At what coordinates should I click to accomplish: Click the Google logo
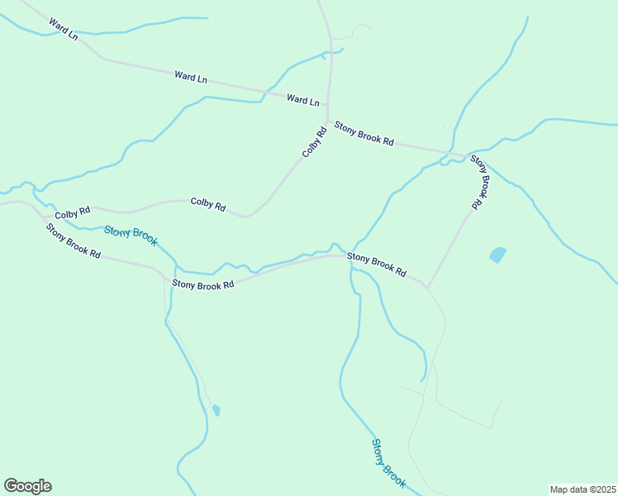[x=27, y=486]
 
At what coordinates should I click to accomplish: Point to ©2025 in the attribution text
[x=604, y=489]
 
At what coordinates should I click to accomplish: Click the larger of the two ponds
[x=497, y=255]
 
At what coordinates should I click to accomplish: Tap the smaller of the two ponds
[x=216, y=410]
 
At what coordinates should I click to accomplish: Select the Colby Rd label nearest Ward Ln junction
[x=314, y=141]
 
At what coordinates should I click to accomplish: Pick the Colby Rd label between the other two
[x=208, y=203]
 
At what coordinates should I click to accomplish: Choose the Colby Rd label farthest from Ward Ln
[x=72, y=214]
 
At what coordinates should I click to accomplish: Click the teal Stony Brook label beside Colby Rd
[x=131, y=236]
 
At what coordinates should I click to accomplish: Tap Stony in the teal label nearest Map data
[x=378, y=451]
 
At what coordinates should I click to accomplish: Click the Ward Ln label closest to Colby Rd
[x=302, y=100]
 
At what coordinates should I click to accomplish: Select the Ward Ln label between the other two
[x=190, y=78]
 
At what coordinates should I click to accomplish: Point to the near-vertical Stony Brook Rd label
[x=480, y=180]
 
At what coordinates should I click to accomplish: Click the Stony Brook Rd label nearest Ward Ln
[x=364, y=133]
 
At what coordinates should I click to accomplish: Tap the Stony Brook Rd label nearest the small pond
[x=203, y=284]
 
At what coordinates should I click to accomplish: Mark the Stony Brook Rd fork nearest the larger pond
[x=427, y=287]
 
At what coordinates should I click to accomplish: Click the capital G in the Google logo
[x=12, y=486]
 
